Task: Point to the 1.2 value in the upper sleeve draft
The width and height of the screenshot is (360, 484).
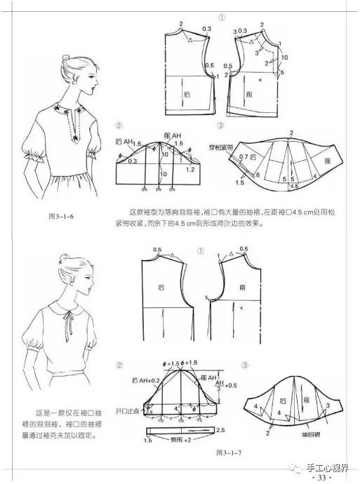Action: (x=190, y=169)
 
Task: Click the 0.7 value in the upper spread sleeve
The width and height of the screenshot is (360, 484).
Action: (x=243, y=156)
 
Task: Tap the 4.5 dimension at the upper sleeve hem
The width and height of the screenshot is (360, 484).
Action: (x=295, y=187)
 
